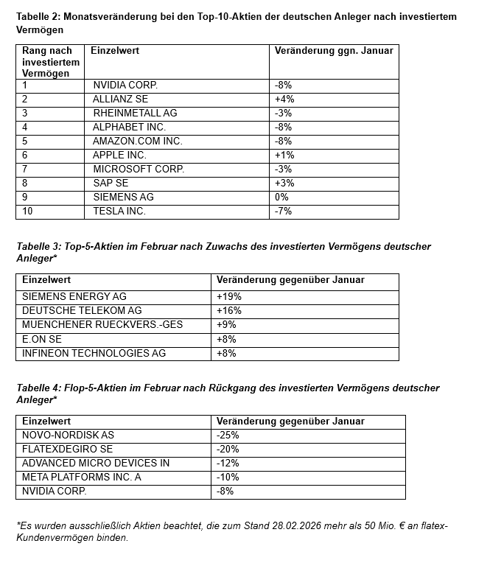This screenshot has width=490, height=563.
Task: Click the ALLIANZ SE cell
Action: (120, 99)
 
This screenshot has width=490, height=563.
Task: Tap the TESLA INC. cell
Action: (119, 211)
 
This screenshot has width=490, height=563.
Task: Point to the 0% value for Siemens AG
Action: (281, 197)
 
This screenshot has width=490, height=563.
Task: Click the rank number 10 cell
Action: (28, 211)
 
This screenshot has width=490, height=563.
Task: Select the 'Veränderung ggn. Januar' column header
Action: (334, 51)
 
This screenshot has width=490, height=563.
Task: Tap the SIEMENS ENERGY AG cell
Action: (74, 296)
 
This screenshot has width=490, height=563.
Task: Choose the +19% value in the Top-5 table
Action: (229, 296)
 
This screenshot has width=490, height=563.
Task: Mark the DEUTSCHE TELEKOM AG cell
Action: (82, 310)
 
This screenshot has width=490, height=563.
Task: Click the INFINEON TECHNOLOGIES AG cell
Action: (94, 353)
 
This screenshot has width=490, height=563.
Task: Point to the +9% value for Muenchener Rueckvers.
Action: (226, 324)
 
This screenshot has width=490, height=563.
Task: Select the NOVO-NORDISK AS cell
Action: (68, 435)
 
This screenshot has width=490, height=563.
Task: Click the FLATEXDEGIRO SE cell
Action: (67, 449)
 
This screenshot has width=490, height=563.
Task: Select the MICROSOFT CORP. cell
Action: (139, 169)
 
